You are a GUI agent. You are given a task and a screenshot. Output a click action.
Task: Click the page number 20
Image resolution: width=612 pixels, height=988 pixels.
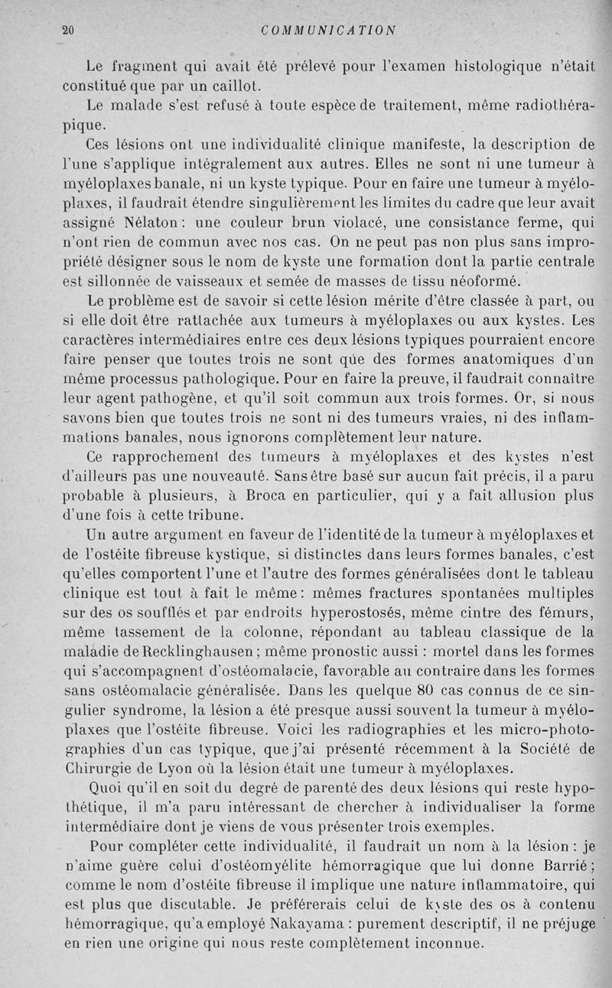pyautogui.click(x=67, y=31)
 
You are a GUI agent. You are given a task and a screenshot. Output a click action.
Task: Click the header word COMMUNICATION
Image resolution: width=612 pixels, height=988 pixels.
pyautogui.click(x=328, y=31)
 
